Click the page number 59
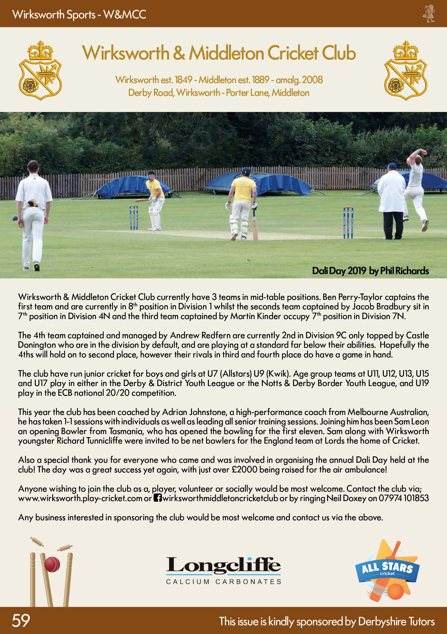[x=21, y=620]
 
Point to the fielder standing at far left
[x=33, y=216]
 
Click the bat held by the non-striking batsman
[x=255, y=227]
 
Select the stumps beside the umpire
[x=348, y=222]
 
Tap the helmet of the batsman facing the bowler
[x=151, y=174]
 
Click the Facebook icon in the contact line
[x=158, y=498]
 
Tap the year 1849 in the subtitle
[x=183, y=80]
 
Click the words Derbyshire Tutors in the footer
[x=396, y=621]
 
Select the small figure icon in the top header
[x=429, y=14]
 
